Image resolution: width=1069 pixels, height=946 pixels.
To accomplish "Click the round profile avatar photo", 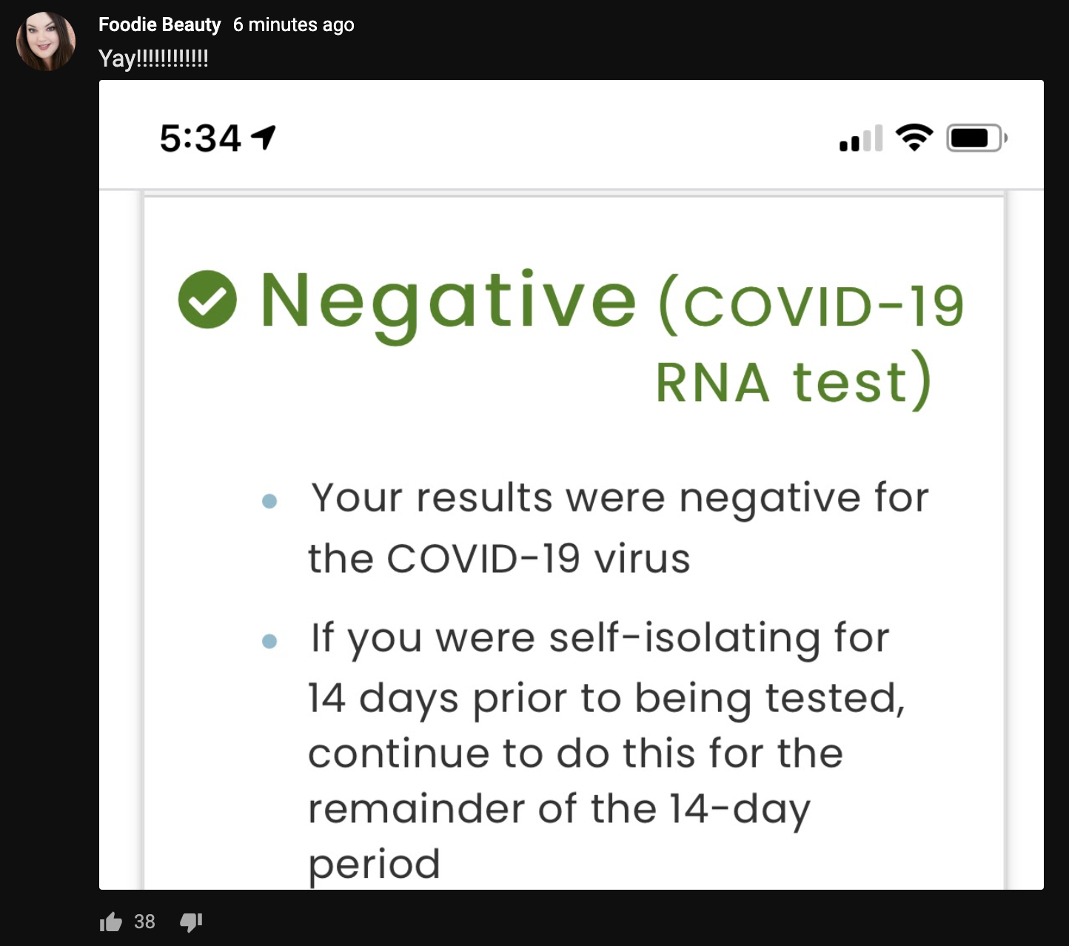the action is point(46,41).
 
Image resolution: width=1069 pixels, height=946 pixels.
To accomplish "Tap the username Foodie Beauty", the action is point(159,24).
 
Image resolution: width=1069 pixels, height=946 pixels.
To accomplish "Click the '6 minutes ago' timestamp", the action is point(293,25).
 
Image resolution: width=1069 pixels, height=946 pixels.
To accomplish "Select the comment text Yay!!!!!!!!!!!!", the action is point(153,58).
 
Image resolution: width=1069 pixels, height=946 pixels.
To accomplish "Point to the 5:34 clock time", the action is point(201,138).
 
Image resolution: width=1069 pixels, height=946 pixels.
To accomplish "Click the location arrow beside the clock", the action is point(264,138).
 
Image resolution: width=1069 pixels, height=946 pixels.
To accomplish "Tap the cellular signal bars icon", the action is point(861,138).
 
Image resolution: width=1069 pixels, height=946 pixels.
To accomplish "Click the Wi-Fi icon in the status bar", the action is point(914,137).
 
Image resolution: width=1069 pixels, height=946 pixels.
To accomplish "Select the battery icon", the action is point(976,138).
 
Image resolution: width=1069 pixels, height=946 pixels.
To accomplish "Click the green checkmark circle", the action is point(207,299).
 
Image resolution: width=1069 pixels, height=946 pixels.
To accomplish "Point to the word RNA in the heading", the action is point(712,383).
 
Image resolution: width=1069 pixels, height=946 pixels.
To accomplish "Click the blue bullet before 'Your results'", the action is point(269,500).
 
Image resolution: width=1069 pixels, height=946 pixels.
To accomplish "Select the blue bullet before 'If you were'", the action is point(269,641).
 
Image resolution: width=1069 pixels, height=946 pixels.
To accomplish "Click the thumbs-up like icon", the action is point(111,922).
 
